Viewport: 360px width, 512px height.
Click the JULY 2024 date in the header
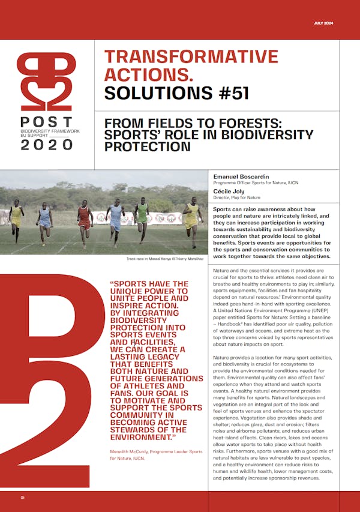point(325,23)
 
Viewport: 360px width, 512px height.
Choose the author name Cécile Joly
point(230,191)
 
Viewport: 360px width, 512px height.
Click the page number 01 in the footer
point(22,498)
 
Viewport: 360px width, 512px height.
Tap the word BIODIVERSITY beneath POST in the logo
point(34,130)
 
